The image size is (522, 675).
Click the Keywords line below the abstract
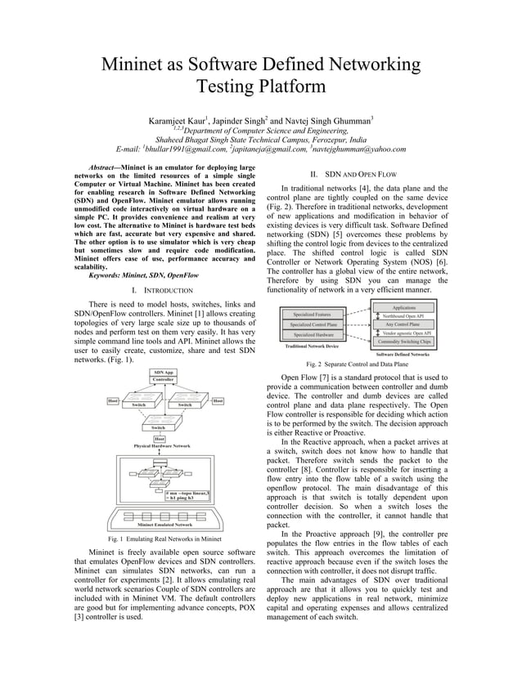pyautogui.click(x=136, y=276)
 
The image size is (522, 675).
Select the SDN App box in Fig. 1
pyautogui.click(x=162, y=372)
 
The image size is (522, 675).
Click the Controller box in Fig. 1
pyautogui.click(x=162, y=380)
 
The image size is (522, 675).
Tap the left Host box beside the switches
pyautogui.click(x=114, y=400)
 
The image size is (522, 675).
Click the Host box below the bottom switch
pyautogui.click(x=160, y=439)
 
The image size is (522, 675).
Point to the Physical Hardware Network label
pyautogui.click(x=162, y=446)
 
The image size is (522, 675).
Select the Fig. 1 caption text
pyautogui.click(x=164, y=539)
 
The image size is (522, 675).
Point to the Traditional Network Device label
pyautogui.click(x=311, y=346)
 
